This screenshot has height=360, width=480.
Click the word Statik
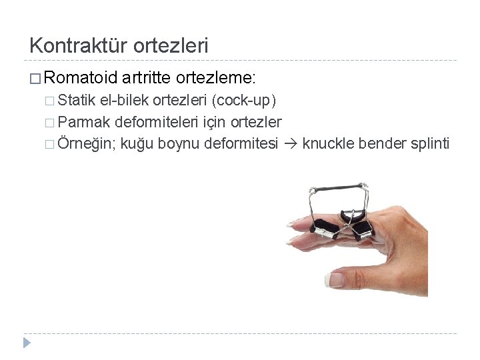[x=77, y=101]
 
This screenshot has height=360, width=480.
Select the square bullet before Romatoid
[x=36, y=79]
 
